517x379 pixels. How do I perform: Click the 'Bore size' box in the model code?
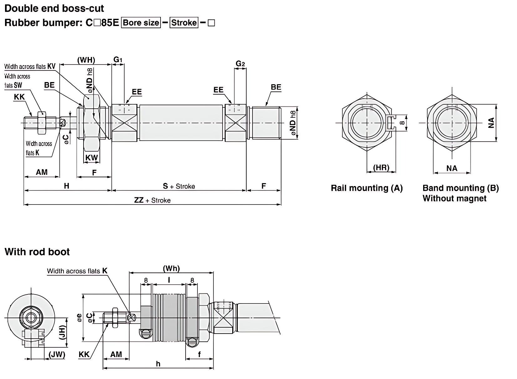pos(141,23)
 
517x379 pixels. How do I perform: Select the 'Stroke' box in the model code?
pos(184,23)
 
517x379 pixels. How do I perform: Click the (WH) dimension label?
pos(86,60)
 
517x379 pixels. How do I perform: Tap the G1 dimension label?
pos(118,59)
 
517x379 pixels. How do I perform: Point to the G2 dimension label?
pos(240,64)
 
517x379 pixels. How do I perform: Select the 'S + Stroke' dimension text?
pos(179,186)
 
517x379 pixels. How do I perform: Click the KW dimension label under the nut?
pos(92,157)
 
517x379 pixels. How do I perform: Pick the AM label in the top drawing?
pos(42,172)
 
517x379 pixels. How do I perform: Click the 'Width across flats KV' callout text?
pos(30,66)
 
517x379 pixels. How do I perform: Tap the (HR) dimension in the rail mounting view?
pos(381,168)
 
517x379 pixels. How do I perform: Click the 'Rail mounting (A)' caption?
pos(366,188)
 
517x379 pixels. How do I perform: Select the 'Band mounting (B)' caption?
pos(460,188)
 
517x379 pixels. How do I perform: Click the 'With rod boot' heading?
pos(37,252)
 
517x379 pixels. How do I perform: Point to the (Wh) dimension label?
pos(171,268)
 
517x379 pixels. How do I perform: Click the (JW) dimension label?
pos(57,354)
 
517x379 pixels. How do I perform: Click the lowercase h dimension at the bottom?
pos(158,363)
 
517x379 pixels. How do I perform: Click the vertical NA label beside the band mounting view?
pos(491,123)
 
